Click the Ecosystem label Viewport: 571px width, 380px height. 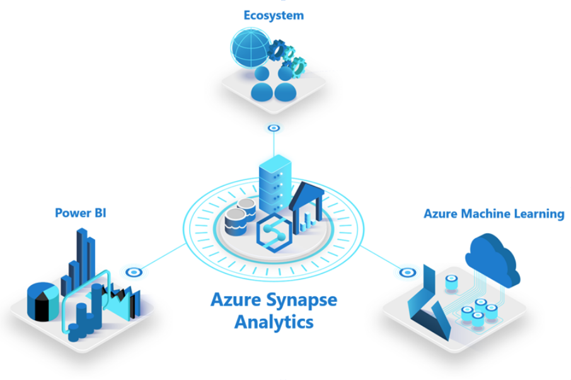pyautogui.click(x=274, y=16)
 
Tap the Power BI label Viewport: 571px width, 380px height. pyautogui.click(x=81, y=213)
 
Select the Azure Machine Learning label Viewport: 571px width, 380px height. pyautogui.click(x=494, y=214)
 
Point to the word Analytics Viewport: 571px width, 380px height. pyautogui.click(x=274, y=323)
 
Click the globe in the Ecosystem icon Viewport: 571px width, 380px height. pyautogui.click(x=250, y=48)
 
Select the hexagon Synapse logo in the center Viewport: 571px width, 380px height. pyautogui.click(x=274, y=233)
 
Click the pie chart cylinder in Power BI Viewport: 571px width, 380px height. pyautogui.click(x=43, y=301)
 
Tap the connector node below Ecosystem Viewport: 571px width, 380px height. pyautogui.click(x=274, y=128)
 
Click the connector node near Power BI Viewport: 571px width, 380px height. pyautogui.click(x=134, y=272)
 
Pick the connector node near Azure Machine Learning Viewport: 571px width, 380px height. pyautogui.click(x=408, y=272)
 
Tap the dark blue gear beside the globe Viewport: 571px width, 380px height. pyautogui.click(x=277, y=50)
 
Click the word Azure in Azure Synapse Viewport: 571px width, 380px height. pyautogui.click(x=236, y=300)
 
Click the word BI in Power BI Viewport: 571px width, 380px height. pyautogui.click(x=100, y=213)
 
